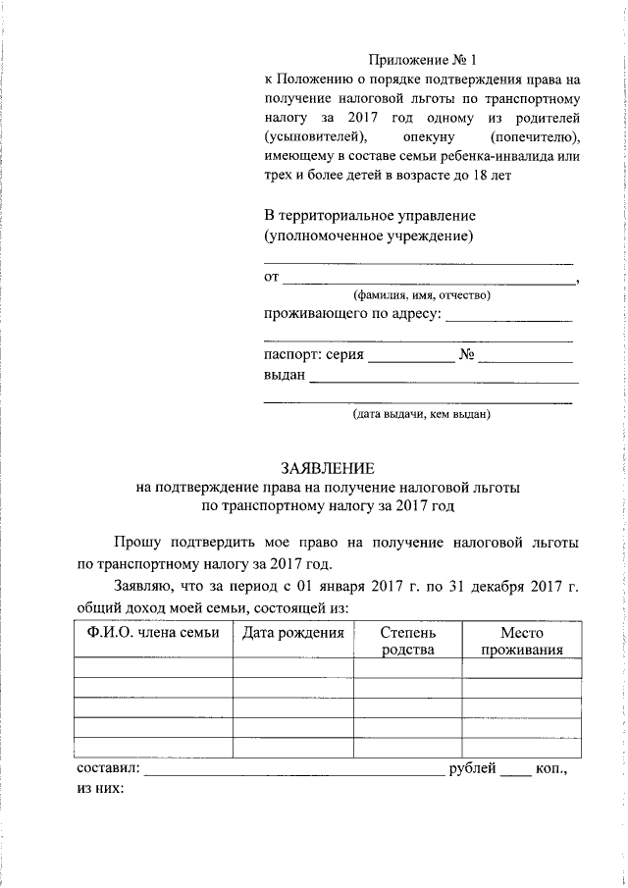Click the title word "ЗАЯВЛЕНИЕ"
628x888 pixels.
pos(328,468)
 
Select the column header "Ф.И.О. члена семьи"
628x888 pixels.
pos(153,633)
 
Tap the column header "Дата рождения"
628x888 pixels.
pos(292,633)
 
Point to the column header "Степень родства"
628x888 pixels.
pos(407,641)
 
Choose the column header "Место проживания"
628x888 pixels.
pos(520,641)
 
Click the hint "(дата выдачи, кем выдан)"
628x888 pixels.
pos(421,415)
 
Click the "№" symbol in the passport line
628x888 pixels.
pos(467,354)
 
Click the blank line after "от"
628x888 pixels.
pos(429,283)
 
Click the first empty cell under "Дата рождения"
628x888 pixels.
pos(292,667)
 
